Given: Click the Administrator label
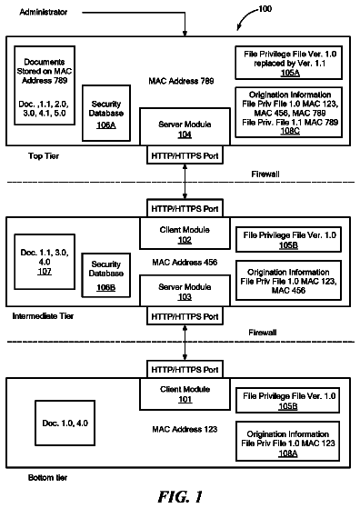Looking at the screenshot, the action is pos(44,12).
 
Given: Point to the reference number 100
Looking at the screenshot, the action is pos(265,9).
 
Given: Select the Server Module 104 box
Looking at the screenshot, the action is pos(185,126).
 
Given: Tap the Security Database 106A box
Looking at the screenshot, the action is pos(106,113).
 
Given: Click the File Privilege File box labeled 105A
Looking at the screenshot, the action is pos(289,63).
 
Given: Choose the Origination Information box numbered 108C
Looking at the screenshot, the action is pos(289,112).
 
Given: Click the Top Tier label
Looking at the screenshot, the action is pos(44,156).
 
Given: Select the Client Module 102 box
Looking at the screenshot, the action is pos(185,234).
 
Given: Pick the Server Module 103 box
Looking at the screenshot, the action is pos(185,291).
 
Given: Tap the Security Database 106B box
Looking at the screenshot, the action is pos(106,275).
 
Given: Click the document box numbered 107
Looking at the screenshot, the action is pos(45,262).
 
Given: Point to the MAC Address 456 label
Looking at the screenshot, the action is pos(185,262).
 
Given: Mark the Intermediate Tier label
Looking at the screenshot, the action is pos(43,316).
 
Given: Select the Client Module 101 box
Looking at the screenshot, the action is pos(185,394).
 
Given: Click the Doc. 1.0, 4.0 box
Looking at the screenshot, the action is pos(65,423).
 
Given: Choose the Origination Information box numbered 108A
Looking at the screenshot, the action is pos(288,441).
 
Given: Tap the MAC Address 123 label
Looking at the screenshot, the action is pos(185,429).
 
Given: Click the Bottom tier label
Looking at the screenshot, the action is pos(47,477).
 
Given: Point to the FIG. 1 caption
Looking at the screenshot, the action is pos(180,496).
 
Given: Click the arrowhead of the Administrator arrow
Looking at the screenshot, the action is pos(185,34).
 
